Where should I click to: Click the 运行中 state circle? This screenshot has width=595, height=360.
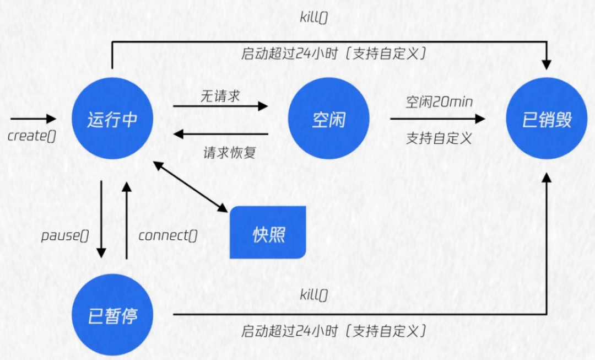(x=112, y=120)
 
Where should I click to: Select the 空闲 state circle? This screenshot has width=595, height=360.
(x=329, y=120)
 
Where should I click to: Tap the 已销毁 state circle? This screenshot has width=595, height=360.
(x=547, y=120)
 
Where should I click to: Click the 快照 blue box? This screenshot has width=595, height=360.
(x=268, y=233)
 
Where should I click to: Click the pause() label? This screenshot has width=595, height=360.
(x=65, y=236)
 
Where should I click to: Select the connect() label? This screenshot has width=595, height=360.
(x=168, y=236)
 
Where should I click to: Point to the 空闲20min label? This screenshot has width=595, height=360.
(x=440, y=102)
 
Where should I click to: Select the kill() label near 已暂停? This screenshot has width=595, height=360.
(x=313, y=295)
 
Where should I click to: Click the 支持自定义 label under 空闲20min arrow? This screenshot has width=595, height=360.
(x=440, y=138)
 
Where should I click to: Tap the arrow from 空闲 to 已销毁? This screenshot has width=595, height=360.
(x=437, y=119)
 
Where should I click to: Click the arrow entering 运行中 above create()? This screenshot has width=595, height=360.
(x=33, y=119)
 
